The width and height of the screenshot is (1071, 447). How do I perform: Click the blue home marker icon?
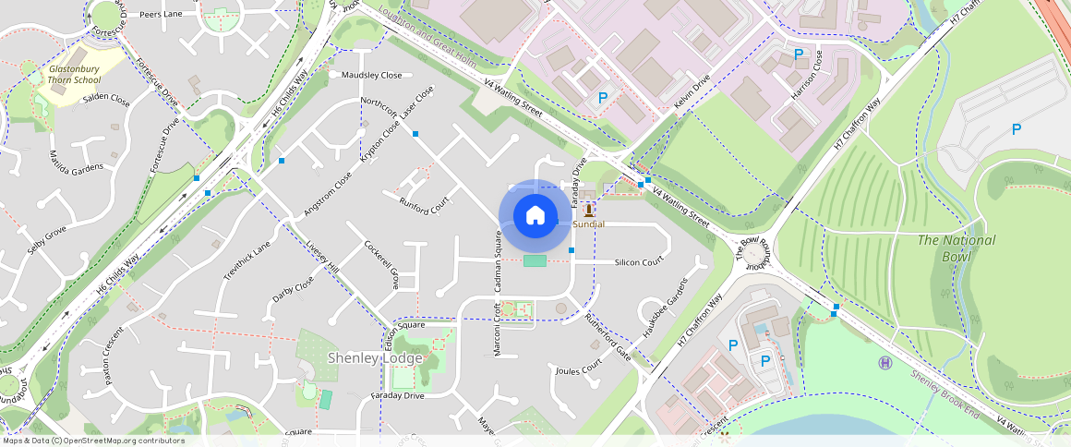coord(535,216)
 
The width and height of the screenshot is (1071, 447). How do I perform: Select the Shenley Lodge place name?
coord(375,358)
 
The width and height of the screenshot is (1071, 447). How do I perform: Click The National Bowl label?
coord(957,247)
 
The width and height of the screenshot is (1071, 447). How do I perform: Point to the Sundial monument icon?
coord(588,211)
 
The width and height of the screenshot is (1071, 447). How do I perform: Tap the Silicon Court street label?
coord(639,262)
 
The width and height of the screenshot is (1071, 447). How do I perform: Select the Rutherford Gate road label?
coord(608,337)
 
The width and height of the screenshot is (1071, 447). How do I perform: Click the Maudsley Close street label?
coord(372,75)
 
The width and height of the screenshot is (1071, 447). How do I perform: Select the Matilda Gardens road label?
coord(77,166)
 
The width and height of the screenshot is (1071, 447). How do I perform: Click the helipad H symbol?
coord(885,362)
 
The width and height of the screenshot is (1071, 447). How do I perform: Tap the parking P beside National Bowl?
coord(1017,130)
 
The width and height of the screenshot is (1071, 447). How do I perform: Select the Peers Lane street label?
coord(161,15)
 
